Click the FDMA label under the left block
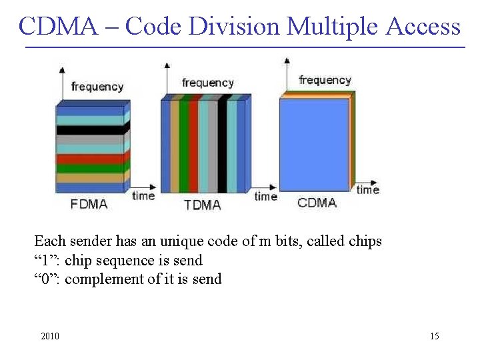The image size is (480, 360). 89,204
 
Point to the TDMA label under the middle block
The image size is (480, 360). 202,205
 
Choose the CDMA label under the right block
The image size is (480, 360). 317,203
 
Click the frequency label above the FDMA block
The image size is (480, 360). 97,87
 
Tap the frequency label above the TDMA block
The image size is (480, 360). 208,83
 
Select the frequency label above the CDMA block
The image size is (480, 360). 325,80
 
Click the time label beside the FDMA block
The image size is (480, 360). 143,195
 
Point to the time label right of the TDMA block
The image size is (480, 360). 265,196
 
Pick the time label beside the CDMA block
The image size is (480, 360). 368,190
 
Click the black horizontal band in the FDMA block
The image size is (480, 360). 90,129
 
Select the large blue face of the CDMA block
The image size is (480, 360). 314,144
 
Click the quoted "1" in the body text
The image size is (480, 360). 45,260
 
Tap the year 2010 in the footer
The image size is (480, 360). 50,336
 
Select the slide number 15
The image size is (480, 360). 434,336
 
